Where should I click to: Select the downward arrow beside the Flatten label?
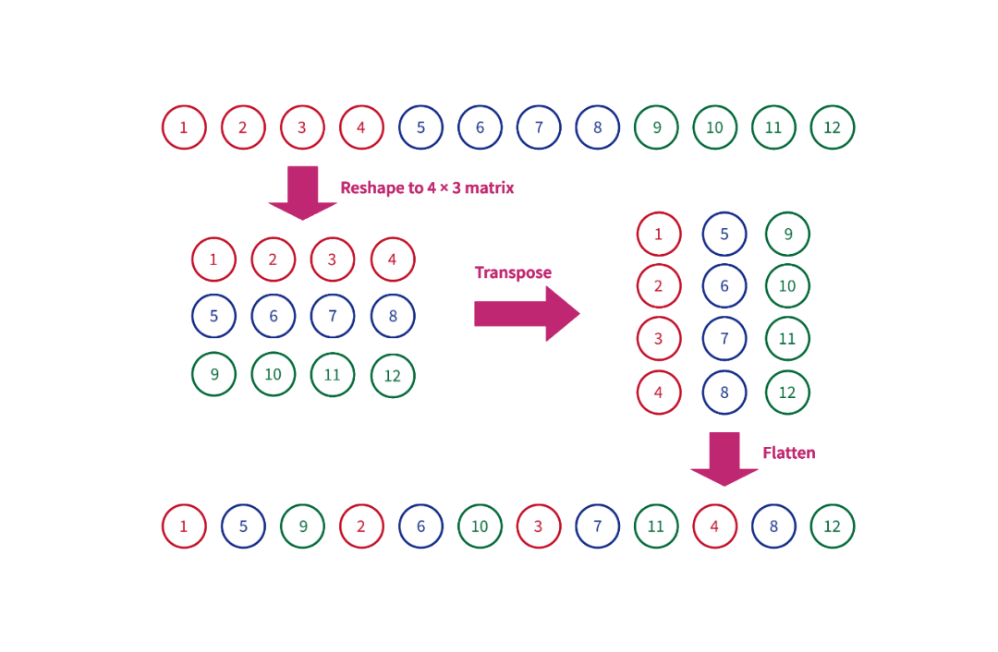point(724,458)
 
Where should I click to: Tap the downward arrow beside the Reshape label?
point(302,192)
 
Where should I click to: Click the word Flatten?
point(788,453)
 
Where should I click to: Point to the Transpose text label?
point(513,272)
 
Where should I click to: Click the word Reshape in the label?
point(371,187)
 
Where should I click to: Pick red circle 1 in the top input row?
point(184,127)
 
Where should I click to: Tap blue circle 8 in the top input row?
point(598,127)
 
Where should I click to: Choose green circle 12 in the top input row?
point(833,127)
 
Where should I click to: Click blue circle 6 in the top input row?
point(480,127)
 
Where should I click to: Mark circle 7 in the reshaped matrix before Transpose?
point(333,317)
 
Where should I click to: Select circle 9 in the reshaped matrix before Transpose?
point(214,374)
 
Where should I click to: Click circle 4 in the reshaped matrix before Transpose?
point(393,260)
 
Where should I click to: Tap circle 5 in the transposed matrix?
point(724,235)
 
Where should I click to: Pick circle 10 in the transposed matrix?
point(787,286)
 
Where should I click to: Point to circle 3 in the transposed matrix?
point(659,339)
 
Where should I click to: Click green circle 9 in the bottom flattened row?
point(302,526)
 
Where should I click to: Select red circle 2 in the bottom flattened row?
point(361,526)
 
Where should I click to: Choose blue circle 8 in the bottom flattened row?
point(773,526)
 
